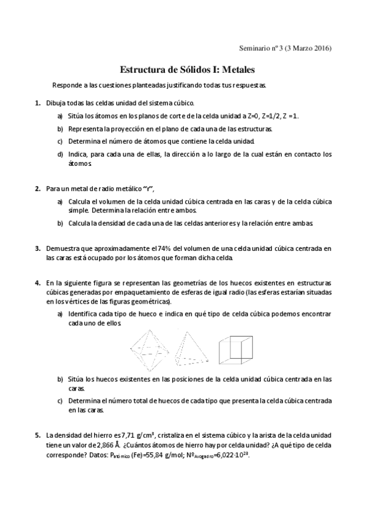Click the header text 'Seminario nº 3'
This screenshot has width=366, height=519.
[x=262, y=49]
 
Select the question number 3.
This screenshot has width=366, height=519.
[x=37, y=248]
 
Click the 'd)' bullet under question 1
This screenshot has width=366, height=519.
[x=60, y=154]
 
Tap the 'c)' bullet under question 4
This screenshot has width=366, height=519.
[x=60, y=401]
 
